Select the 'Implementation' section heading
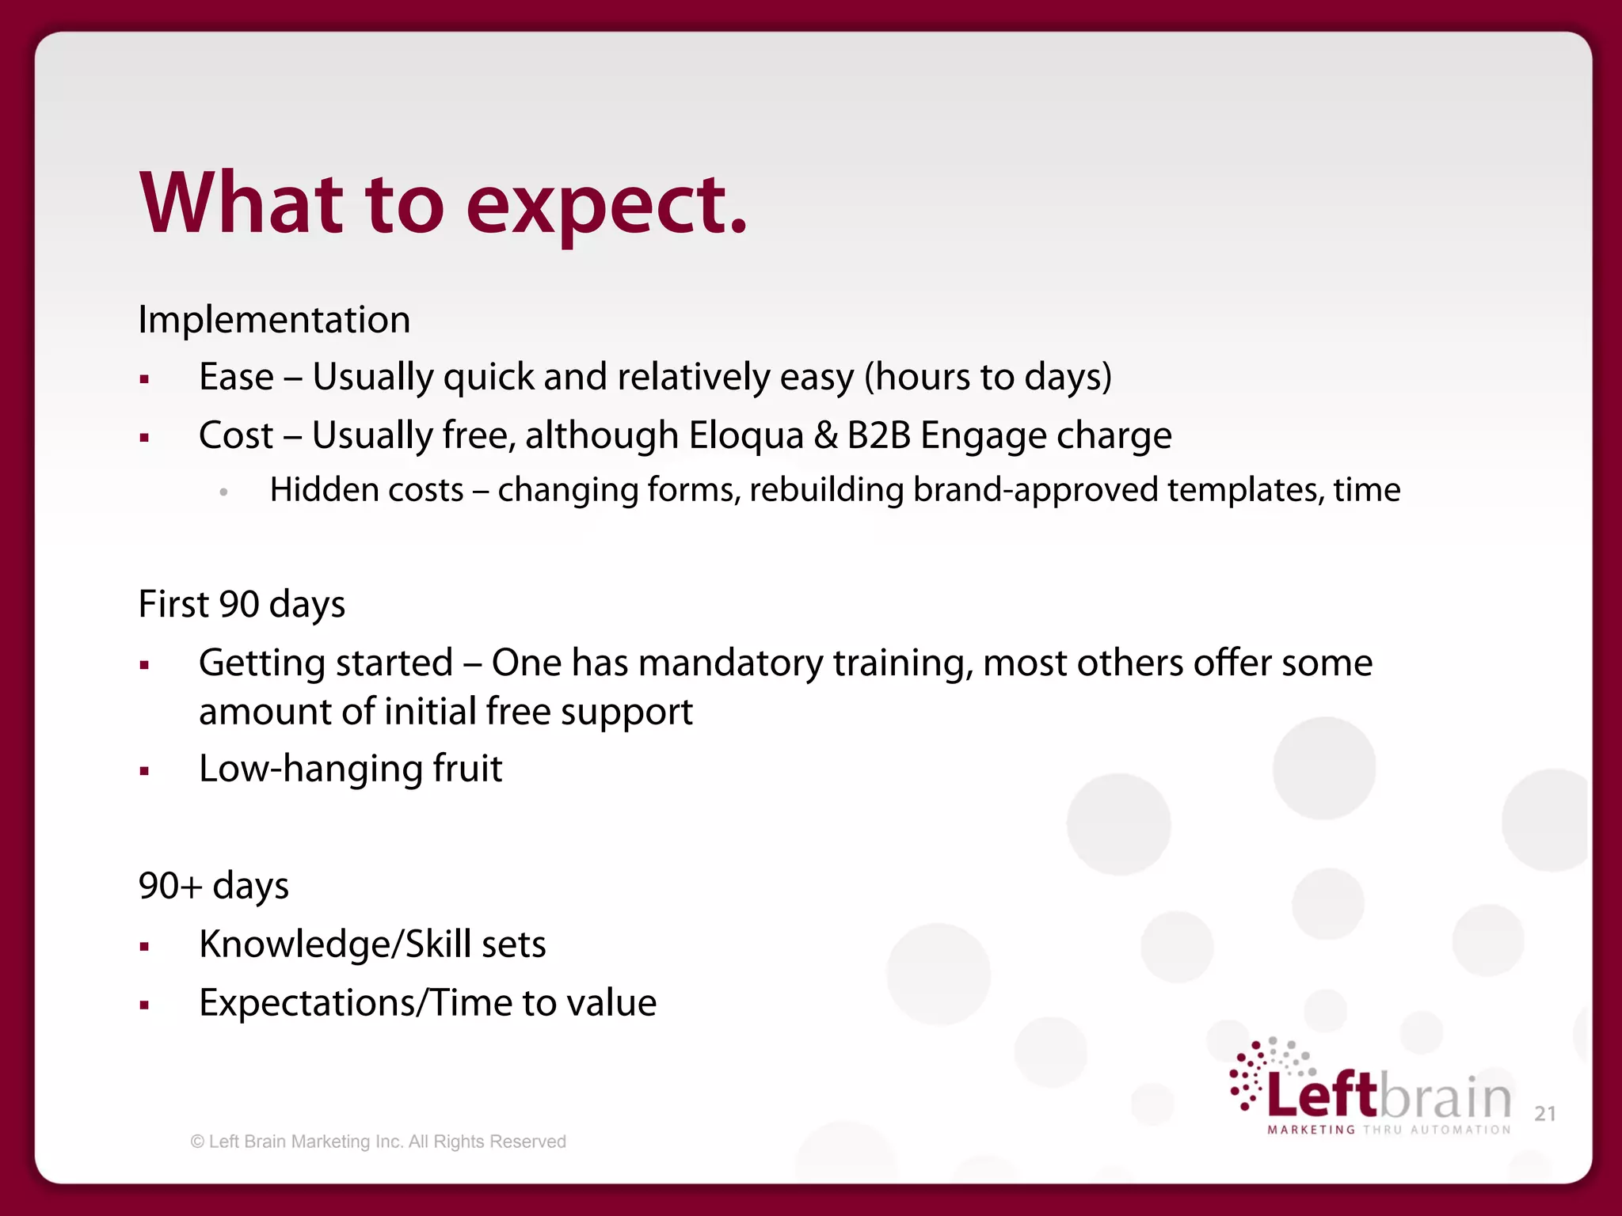click(274, 320)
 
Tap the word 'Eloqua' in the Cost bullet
click(746, 435)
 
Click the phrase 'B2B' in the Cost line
click(878, 435)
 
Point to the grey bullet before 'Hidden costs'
click(224, 492)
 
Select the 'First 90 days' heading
click(242, 604)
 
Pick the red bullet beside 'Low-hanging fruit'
click(144, 770)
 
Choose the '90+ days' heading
click(213, 885)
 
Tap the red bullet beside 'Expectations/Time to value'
click(144, 1005)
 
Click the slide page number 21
click(1544, 1113)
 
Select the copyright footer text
click(378, 1142)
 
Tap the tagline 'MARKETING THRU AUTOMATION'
click(1389, 1130)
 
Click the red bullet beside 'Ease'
click(144, 379)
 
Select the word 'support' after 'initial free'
click(626, 712)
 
